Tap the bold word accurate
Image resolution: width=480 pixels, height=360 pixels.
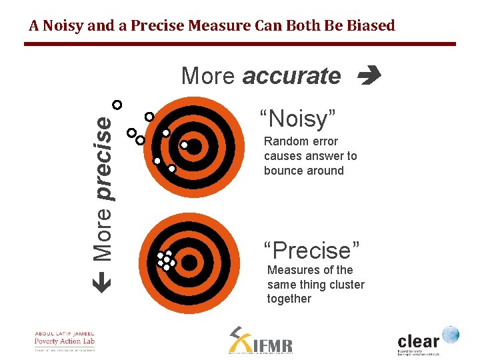(x=291, y=76)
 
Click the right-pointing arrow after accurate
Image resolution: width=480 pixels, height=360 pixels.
(x=368, y=76)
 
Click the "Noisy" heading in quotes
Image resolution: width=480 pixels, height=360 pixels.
(x=297, y=119)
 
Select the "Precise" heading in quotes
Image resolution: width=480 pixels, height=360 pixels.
(x=311, y=251)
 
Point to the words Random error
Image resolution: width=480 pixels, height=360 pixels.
(x=301, y=141)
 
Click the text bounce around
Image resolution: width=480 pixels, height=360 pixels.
(x=303, y=171)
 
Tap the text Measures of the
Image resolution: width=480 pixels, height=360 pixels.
(x=310, y=270)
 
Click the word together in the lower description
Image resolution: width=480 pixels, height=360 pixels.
(x=289, y=299)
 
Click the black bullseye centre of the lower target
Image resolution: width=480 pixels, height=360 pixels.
(x=189, y=263)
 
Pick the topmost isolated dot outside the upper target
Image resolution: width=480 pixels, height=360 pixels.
(x=117, y=105)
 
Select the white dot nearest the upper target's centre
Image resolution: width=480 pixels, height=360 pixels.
(x=184, y=144)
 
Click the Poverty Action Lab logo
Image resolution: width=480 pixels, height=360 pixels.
(x=65, y=341)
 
